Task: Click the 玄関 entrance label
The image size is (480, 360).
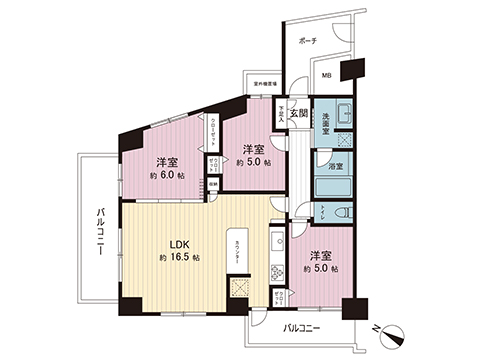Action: point(297,113)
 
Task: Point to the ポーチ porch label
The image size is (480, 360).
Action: point(308,42)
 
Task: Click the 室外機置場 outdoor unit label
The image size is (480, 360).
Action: point(266,83)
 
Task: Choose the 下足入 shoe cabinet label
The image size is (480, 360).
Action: point(283,114)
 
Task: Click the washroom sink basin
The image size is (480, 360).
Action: point(337,112)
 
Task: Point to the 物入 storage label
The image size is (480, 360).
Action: point(211,184)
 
